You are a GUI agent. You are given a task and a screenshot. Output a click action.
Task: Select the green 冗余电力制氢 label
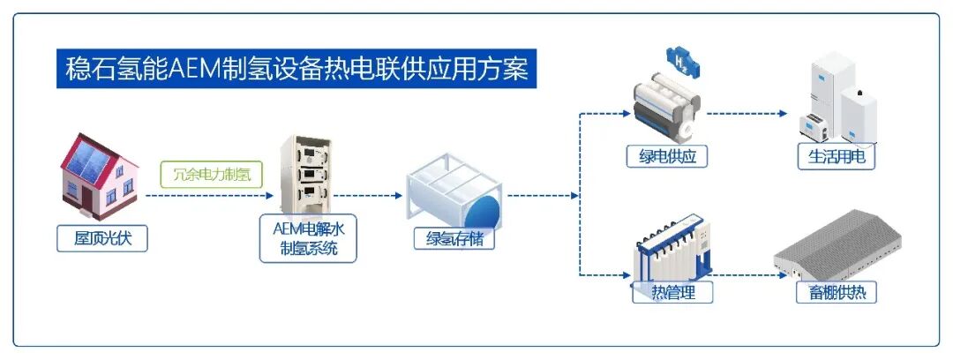tap(212, 174)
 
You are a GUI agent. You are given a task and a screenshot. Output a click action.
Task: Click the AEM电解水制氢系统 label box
tap(308, 238)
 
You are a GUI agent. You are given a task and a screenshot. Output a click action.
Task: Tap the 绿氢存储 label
tap(454, 238)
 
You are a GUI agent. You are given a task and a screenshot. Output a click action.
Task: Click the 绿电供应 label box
tap(667, 157)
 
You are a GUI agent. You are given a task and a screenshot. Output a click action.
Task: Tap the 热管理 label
tap(672, 292)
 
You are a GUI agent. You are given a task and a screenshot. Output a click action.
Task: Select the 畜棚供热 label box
tap(836, 292)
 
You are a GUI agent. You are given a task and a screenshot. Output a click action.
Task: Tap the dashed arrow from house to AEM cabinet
tap(203, 196)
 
